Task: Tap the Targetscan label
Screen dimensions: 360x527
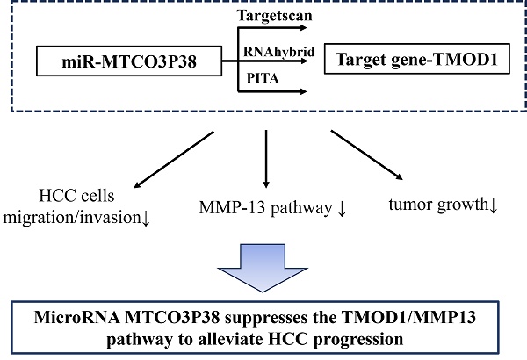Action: (271, 15)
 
